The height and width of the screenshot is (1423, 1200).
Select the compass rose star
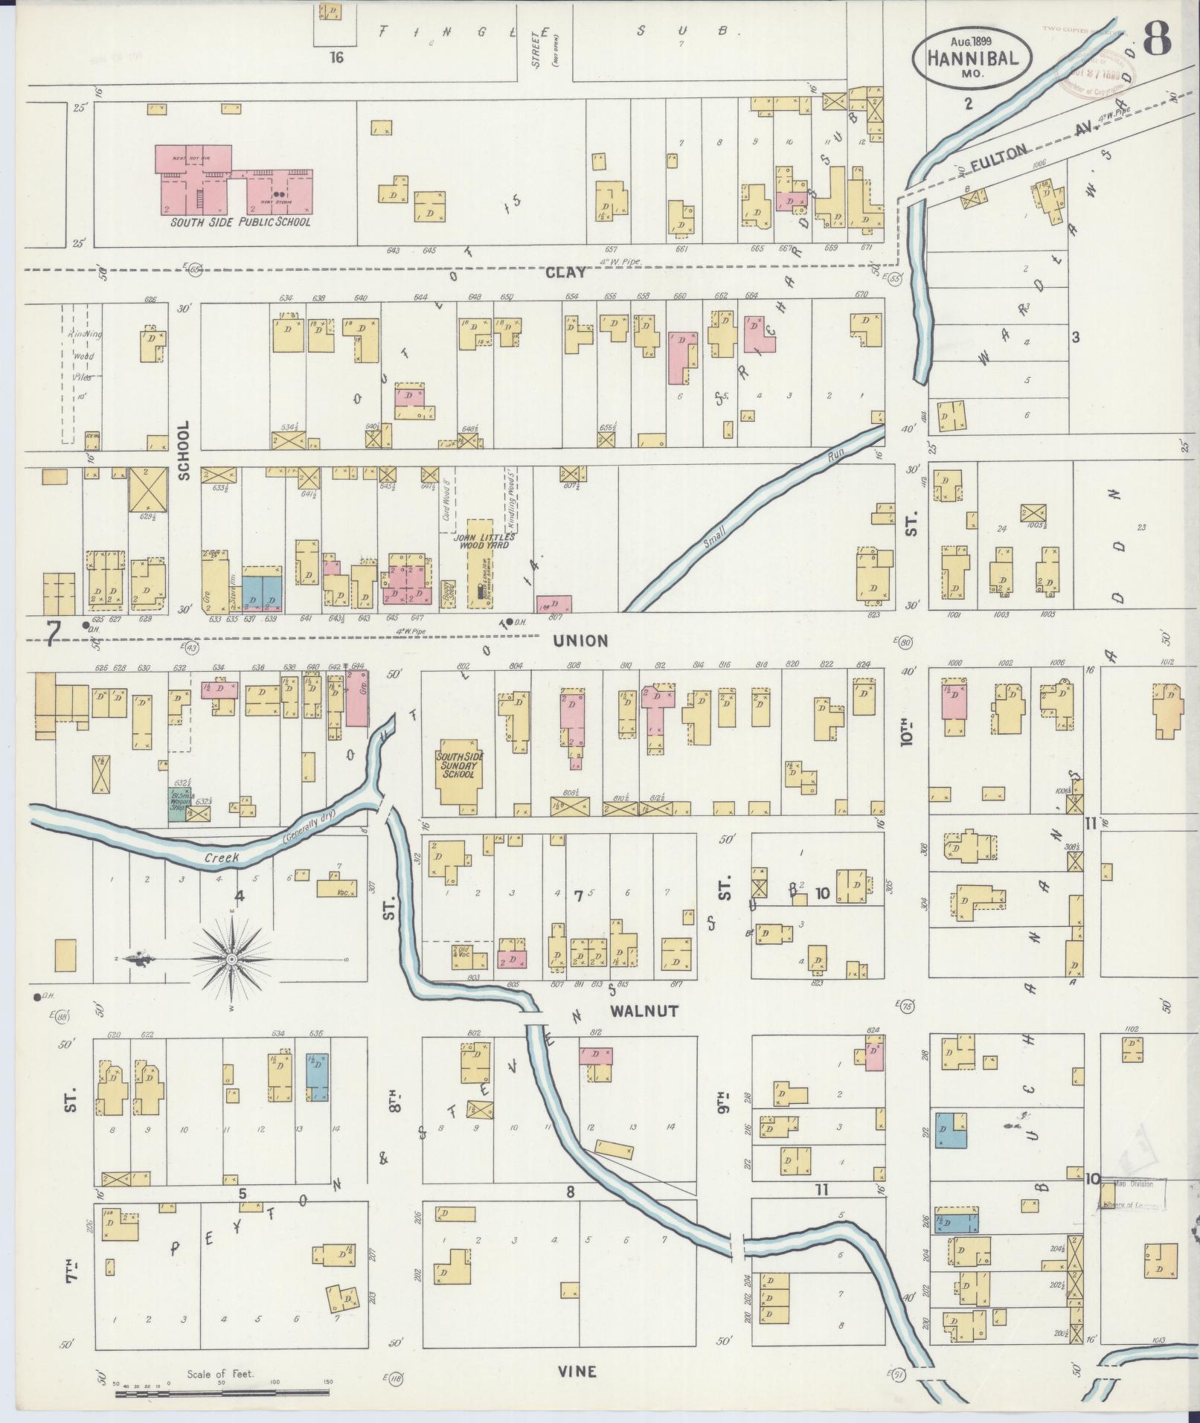tap(232, 960)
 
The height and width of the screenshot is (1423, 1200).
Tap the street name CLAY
tap(565, 272)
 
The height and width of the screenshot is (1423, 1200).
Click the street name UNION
tap(580, 640)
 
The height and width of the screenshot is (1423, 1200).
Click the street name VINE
tap(577, 1371)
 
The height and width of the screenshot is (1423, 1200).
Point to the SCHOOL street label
tap(184, 450)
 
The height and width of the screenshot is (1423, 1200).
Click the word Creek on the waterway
tap(223, 858)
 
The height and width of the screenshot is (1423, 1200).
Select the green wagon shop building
tap(176, 806)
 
